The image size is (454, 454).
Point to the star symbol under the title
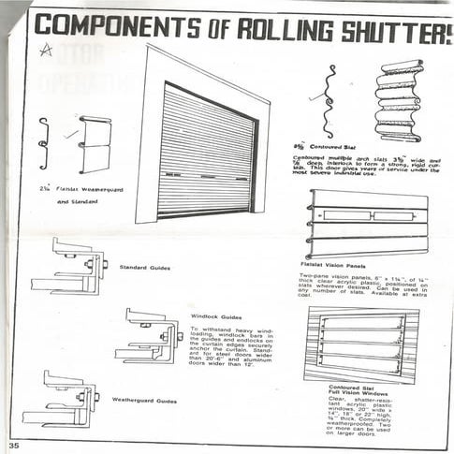coord(45,52)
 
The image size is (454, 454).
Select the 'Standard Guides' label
coord(145,268)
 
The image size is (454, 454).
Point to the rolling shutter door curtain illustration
coord(202,150)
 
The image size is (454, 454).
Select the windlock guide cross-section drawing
coord(149,338)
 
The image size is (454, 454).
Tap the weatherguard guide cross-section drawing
coord(64,398)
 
